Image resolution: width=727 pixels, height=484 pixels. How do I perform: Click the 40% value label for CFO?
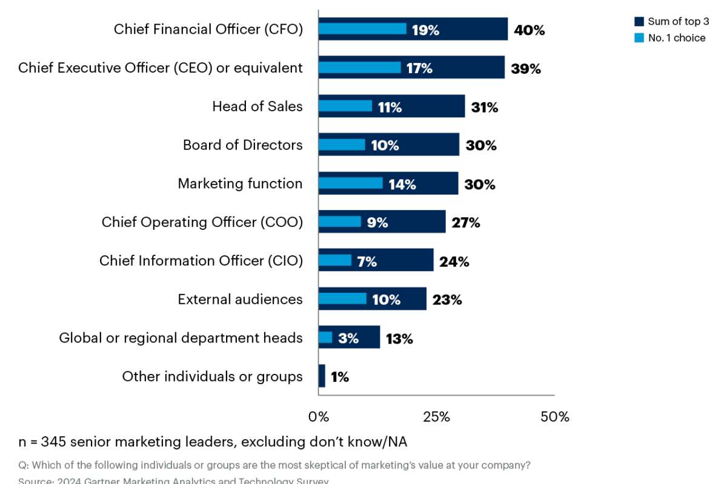(x=529, y=30)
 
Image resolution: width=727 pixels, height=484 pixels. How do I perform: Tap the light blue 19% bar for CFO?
(x=362, y=29)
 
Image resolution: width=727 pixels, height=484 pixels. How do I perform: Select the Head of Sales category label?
(x=257, y=106)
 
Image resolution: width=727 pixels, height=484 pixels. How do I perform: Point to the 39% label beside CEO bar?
(x=525, y=69)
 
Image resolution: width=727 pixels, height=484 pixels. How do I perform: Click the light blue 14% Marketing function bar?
(x=351, y=183)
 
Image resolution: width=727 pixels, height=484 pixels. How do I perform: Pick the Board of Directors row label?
(x=242, y=145)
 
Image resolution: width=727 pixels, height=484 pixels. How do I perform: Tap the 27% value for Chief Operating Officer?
(x=465, y=223)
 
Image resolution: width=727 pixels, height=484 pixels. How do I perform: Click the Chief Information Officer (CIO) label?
(x=201, y=261)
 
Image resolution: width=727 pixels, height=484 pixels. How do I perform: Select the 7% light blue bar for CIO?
(x=335, y=261)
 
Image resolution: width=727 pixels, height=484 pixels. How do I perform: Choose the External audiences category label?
(x=240, y=299)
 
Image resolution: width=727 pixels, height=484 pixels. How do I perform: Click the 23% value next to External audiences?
(x=447, y=299)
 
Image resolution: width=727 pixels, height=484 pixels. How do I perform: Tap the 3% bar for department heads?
(x=325, y=338)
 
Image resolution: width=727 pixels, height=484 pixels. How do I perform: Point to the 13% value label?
(x=399, y=339)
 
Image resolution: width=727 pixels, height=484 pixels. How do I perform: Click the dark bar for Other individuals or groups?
(x=322, y=376)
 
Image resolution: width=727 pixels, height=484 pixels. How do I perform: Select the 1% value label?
(x=340, y=377)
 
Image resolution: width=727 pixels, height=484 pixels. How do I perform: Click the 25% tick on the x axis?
(x=436, y=417)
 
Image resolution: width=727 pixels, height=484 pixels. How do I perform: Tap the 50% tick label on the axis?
(x=554, y=417)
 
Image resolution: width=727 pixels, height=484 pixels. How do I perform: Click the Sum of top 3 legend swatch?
(x=639, y=22)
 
